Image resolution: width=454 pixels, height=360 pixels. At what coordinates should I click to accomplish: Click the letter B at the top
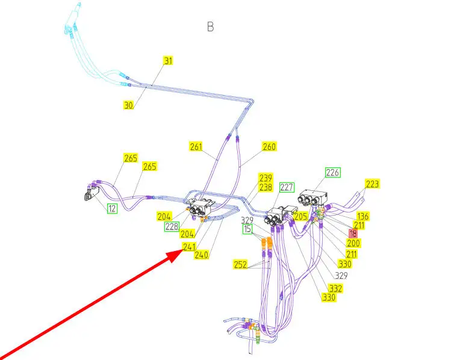[210, 26]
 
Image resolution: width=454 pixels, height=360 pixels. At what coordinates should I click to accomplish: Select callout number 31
[168, 60]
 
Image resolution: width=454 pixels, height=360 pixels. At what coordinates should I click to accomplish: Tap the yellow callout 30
[128, 105]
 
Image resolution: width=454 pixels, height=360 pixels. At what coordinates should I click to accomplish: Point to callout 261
[196, 146]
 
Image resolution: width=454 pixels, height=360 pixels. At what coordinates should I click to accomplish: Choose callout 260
[269, 146]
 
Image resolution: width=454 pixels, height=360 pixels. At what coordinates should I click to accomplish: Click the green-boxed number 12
[112, 208]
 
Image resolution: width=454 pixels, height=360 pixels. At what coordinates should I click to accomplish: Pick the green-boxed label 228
[172, 226]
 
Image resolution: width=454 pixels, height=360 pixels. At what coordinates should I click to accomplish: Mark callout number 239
[266, 178]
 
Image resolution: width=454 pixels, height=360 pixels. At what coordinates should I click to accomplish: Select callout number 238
[266, 187]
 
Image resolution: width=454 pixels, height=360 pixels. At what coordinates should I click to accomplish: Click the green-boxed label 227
[287, 187]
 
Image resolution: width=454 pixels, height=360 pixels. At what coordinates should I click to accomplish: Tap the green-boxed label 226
[333, 173]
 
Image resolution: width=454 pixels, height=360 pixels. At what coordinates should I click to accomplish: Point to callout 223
[373, 184]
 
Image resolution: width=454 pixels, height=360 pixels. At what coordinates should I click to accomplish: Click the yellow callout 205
[301, 216]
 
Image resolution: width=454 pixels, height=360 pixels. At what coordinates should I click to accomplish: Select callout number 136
[362, 216]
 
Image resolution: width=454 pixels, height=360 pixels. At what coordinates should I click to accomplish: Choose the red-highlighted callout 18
[353, 233]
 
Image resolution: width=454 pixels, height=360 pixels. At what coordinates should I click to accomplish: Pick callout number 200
[353, 243]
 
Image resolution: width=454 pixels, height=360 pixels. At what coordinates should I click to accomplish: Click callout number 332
[335, 288]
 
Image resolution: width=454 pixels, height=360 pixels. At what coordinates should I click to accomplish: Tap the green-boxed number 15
[247, 229]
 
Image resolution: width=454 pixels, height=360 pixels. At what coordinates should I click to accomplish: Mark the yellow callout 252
[241, 264]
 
